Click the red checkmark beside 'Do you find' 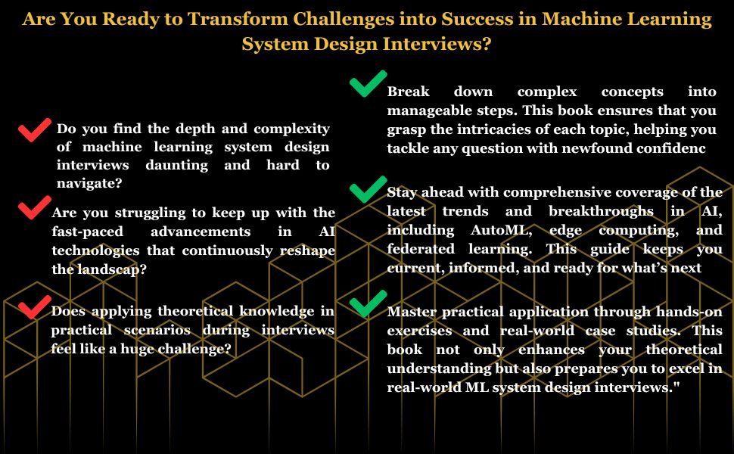point(34,131)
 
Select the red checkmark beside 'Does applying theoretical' point(33,306)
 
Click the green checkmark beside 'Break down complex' point(369,83)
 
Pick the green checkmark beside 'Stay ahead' point(369,189)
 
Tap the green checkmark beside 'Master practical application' point(369,304)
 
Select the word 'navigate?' point(89,183)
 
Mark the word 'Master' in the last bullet point(414,312)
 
